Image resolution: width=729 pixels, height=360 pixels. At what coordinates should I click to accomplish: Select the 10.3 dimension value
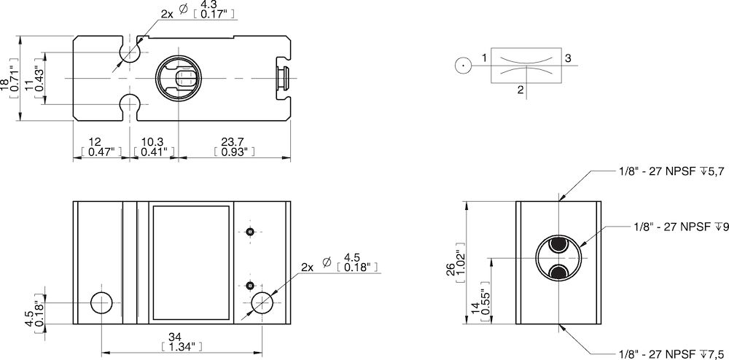153,141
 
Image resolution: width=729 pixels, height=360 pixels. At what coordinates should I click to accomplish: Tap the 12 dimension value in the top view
95,141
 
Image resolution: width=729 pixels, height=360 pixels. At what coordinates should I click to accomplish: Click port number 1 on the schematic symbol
484,58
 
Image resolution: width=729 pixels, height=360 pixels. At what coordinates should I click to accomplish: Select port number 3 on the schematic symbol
568,58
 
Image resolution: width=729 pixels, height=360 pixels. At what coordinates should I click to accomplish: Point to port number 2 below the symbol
520,90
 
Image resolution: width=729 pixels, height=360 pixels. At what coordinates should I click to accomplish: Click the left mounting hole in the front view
101,302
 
